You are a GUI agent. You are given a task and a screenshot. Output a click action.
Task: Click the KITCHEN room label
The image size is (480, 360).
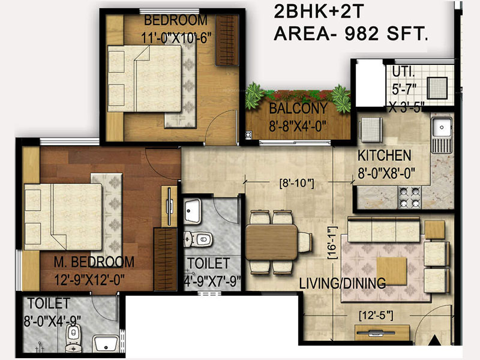pyautogui.click(x=384, y=155)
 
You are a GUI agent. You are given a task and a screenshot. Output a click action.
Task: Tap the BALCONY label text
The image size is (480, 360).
pyautogui.click(x=298, y=109)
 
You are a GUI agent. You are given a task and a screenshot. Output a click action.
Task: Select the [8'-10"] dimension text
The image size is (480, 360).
pyautogui.click(x=297, y=183)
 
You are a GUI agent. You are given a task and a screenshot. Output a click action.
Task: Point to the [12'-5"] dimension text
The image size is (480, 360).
pyautogui.click(x=376, y=315)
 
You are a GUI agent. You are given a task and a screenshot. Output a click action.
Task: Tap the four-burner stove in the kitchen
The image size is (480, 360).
pyautogui.click(x=409, y=197)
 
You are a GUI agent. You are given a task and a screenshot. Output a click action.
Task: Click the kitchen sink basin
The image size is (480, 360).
pyautogui.click(x=442, y=127)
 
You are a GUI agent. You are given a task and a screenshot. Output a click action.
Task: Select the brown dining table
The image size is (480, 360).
pyautogui.click(x=272, y=242)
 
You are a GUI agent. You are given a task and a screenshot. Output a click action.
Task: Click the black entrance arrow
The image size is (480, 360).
pyautogui.click(x=434, y=340)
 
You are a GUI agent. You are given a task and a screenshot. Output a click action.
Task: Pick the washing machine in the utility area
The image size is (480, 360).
pyautogui.click(x=437, y=88)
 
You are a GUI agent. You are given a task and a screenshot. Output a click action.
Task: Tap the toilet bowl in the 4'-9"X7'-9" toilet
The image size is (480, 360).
pyautogui.click(x=199, y=239)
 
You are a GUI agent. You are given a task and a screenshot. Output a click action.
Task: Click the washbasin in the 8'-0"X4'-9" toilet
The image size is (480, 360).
pyautogui.click(x=106, y=344)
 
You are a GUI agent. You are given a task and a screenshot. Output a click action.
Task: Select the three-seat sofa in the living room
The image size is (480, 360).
pyautogui.click(x=383, y=229)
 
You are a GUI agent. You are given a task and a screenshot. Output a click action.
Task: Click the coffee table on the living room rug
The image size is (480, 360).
pyautogui.click(x=392, y=271)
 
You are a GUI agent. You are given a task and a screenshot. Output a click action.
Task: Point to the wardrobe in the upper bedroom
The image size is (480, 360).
pyautogui.click(x=227, y=40)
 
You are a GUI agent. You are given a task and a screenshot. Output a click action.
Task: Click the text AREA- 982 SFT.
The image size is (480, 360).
pyautogui.click(x=351, y=34)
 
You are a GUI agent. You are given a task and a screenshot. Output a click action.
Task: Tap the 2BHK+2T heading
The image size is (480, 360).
pyautogui.click(x=319, y=12)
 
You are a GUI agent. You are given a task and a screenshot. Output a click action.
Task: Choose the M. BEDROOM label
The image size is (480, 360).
pyautogui.click(x=94, y=262)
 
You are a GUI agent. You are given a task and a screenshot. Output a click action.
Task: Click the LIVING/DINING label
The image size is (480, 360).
pyautogui.click(x=342, y=283)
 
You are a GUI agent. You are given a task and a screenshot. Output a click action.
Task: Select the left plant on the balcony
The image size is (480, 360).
pyautogui.click(x=254, y=95)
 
